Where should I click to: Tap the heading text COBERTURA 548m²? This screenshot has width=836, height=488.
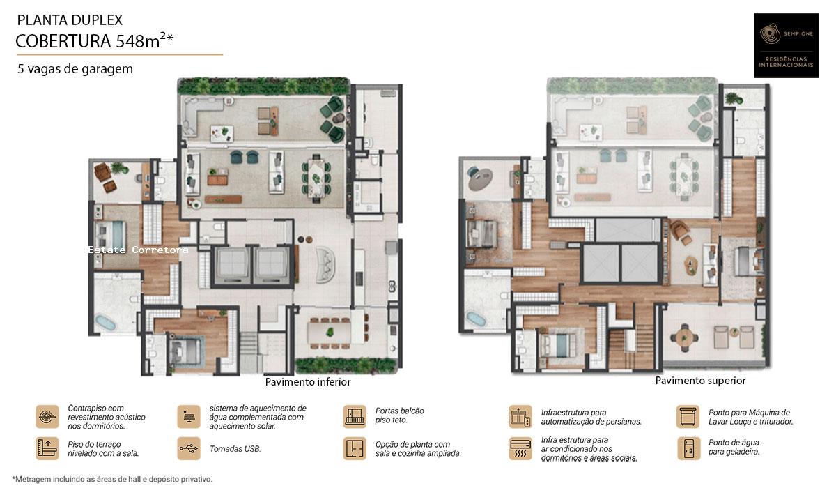95,41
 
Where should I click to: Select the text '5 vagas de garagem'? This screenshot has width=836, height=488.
76,69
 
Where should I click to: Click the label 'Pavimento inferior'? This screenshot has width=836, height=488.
308,382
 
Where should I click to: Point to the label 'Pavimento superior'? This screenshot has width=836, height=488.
700,381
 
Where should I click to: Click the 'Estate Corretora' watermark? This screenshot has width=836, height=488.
138,249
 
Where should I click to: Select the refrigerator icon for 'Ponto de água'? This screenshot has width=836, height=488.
688,448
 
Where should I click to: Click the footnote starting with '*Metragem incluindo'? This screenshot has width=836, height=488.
112,479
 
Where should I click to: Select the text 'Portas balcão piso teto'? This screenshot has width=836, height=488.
399,415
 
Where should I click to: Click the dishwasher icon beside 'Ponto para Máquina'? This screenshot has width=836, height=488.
688,416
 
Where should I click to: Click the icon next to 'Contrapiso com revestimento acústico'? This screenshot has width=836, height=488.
47,416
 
